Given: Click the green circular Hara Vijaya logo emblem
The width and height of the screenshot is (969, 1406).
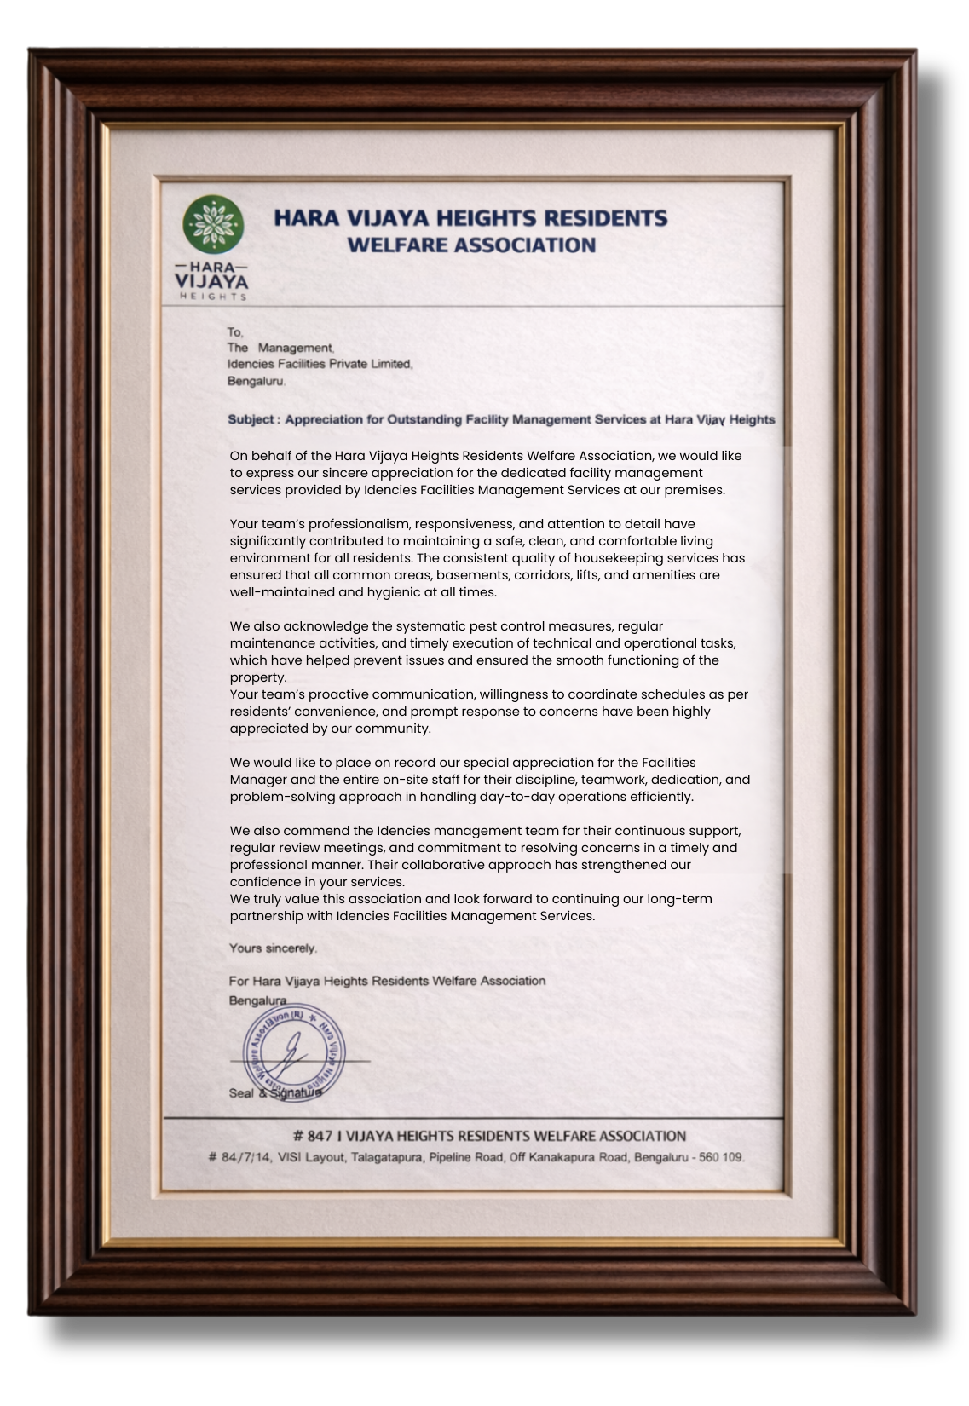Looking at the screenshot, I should point(213,225).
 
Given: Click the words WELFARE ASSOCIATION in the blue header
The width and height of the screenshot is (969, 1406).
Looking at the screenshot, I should point(471,245).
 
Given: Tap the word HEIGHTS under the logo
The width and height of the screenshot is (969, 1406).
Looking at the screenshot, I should point(212,297).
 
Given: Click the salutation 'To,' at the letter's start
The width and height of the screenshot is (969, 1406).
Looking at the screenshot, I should point(235,332).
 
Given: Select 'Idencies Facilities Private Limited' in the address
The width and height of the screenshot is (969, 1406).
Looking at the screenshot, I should point(320,365).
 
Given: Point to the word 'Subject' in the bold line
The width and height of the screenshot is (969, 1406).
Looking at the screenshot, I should point(251,420).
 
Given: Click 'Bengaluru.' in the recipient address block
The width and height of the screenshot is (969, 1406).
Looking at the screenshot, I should point(257,382).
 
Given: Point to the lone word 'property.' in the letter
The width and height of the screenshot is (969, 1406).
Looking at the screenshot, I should point(258,677).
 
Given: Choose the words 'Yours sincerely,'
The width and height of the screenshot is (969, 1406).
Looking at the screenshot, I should point(273,948).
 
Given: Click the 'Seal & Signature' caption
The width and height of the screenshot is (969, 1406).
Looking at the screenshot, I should point(274,1093).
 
